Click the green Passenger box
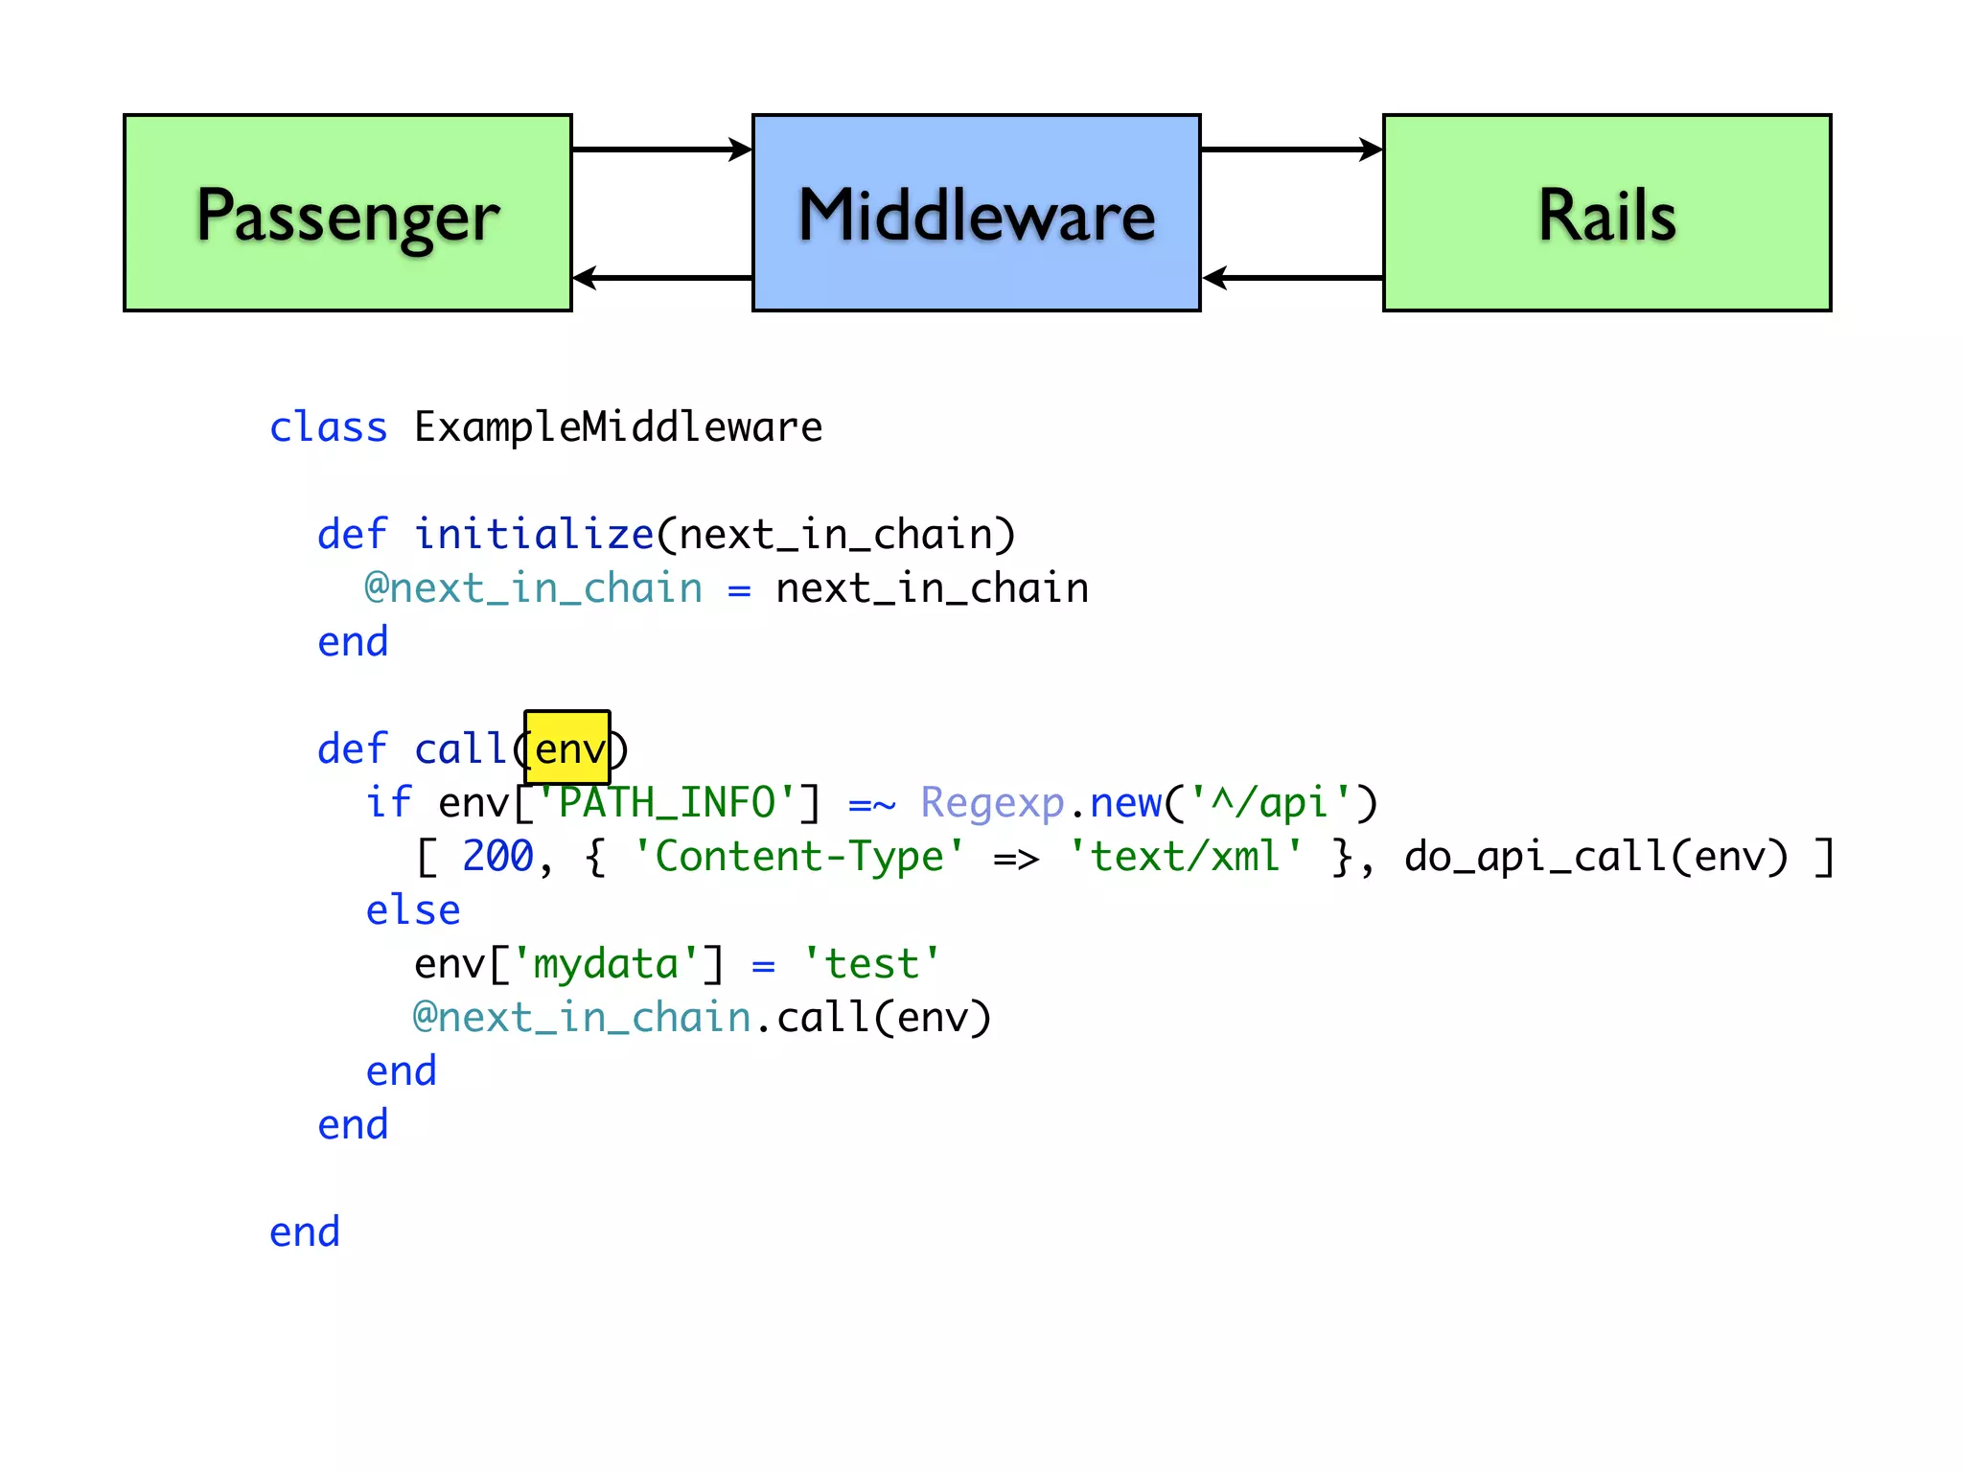click(x=348, y=213)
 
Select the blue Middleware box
click(x=976, y=213)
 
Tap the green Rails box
click(x=1606, y=213)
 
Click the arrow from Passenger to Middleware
click(x=661, y=149)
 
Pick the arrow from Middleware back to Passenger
click(x=661, y=278)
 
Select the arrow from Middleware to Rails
click(x=1291, y=149)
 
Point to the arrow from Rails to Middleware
click(x=1291, y=278)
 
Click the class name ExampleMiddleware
click(x=618, y=427)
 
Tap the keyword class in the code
click(x=328, y=427)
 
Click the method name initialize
click(x=534, y=535)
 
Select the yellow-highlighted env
click(x=567, y=748)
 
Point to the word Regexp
click(x=992, y=803)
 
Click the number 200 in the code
click(x=497, y=857)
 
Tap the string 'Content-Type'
click(x=798, y=857)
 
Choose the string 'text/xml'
click(x=1186, y=857)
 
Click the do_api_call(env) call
click(x=1596, y=857)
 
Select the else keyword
click(x=413, y=910)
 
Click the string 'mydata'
click(x=606, y=964)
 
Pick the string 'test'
click(x=871, y=964)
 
